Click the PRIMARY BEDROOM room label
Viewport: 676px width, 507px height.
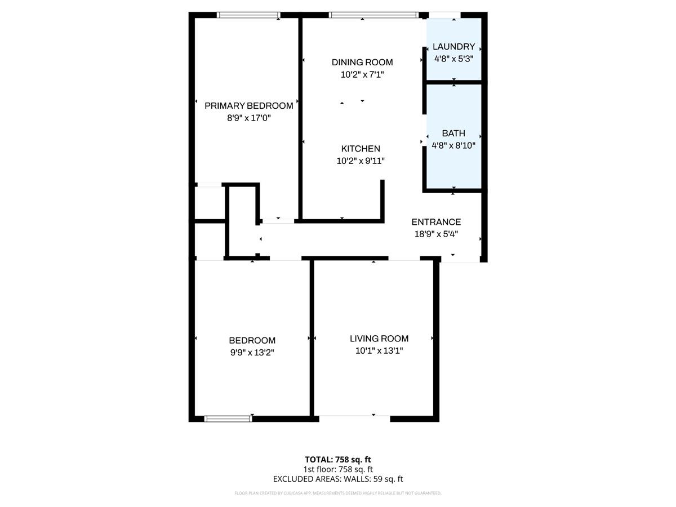(248, 106)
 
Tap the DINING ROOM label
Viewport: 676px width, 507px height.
(362, 63)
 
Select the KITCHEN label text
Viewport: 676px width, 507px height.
(361, 149)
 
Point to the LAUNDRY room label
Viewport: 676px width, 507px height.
(453, 47)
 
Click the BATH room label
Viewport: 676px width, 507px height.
(453, 134)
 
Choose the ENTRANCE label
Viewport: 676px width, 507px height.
(436, 222)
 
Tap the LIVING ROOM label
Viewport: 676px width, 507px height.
(379, 339)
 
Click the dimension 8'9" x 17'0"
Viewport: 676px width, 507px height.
(248, 118)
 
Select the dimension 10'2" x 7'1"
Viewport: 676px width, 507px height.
(362, 74)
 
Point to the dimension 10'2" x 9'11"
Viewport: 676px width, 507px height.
(361, 161)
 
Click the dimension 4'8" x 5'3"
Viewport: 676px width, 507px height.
(453, 59)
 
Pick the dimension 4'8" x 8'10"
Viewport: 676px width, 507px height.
(453, 145)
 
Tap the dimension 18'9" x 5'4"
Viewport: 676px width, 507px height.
(436, 234)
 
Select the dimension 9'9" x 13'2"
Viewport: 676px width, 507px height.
(252, 352)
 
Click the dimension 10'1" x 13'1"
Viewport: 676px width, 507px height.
(379, 350)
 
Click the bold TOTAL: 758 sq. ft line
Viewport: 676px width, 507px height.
(338, 459)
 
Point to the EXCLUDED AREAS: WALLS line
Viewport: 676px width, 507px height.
(338, 479)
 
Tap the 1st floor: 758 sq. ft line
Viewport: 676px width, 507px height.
(338, 469)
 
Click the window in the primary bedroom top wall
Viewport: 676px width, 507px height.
(249, 15)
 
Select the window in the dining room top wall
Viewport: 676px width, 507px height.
(373, 15)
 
